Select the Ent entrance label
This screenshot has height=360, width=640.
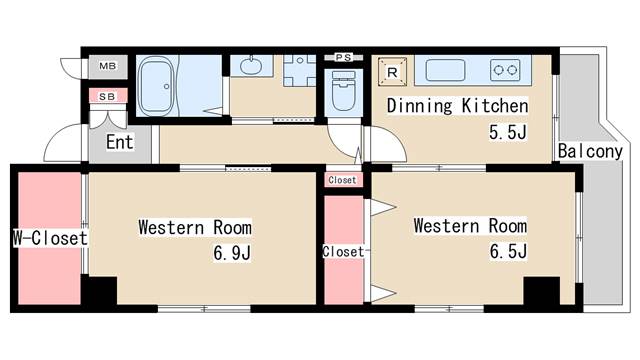120,142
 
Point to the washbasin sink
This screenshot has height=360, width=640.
250,67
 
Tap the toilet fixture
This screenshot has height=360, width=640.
342,92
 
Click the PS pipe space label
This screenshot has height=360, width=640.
343,56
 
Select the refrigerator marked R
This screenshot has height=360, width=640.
393,71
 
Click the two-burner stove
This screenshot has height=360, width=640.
505,70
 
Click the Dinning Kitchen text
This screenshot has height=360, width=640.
457,105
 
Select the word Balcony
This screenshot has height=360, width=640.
590,152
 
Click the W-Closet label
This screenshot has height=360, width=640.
49,238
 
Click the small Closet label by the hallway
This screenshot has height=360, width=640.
342,180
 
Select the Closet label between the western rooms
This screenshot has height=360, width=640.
343,252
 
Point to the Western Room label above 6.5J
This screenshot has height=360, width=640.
470,225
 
